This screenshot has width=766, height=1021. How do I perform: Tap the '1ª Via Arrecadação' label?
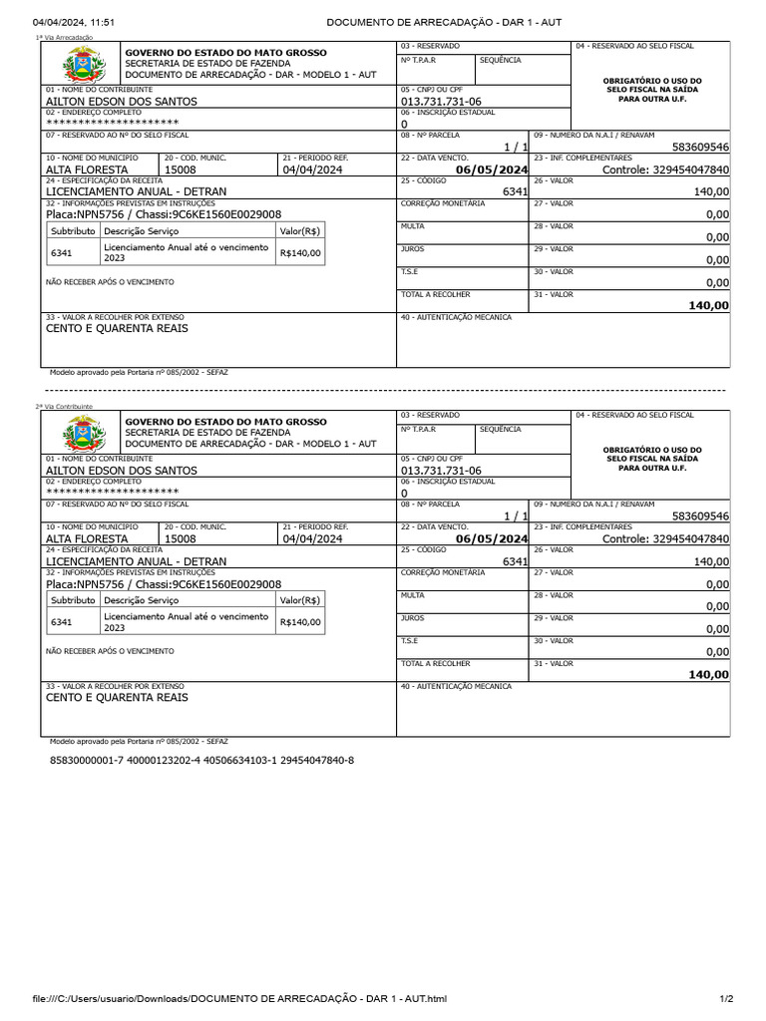64,38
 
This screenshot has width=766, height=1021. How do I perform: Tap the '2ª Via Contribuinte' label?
64,407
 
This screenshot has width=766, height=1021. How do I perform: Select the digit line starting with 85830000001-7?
201,761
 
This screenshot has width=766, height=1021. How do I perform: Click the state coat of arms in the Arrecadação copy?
78,67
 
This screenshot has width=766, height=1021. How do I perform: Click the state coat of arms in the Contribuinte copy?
78,436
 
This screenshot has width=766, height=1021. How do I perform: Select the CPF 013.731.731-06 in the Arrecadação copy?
441,102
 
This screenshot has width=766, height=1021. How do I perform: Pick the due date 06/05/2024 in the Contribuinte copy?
491,538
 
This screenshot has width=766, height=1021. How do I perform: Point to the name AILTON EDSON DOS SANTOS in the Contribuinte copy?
122,471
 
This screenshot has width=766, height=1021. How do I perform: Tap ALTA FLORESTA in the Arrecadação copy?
87,170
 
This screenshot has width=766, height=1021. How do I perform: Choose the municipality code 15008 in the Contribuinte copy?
181,538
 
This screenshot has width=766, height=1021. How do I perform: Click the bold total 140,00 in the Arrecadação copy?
708,306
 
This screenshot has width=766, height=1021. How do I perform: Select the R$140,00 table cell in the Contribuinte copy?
301,622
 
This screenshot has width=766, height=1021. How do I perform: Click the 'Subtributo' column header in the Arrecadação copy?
73,231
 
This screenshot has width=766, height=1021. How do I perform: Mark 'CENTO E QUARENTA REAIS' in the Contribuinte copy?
117,698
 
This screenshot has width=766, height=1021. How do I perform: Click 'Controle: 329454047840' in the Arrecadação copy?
665,170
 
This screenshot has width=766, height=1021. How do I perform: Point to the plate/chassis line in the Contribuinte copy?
164,584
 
